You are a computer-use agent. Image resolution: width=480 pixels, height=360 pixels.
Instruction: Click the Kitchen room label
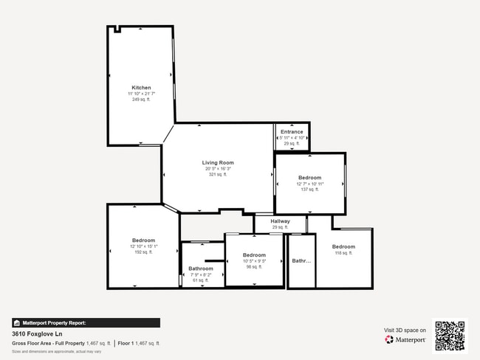click(x=141, y=87)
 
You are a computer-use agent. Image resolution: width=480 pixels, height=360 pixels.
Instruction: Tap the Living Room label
click(x=218, y=162)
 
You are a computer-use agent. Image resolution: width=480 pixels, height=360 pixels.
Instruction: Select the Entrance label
click(x=292, y=131)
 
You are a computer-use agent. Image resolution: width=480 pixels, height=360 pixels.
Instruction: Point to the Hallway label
click(x=280, y=221)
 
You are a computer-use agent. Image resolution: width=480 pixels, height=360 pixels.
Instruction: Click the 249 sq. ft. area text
click(x=141, y=100)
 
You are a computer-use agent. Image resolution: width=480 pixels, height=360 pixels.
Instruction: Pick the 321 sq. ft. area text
click(x=218, y=175)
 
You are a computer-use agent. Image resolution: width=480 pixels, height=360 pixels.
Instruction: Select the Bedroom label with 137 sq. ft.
click(x=309, y=177)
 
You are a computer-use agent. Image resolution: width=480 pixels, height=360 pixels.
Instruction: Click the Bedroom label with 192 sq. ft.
click(x=143, y=240)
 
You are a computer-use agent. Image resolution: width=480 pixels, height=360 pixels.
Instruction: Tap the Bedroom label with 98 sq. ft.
click(x=254, y=255)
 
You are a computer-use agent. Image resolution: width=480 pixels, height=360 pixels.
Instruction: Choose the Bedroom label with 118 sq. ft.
click(x=343, y=246)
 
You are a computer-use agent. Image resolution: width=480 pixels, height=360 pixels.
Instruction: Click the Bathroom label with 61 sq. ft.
click(x=201, y=269)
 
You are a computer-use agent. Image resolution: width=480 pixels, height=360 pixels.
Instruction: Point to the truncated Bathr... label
click(x=301, y=260)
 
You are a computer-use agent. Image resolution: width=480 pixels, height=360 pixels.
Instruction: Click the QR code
click(x=450, y=335)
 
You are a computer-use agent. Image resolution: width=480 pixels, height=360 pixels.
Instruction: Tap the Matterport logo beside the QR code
click(x=405, y=340)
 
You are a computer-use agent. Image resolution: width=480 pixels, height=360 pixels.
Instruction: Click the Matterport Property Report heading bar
click(x=86, y=322)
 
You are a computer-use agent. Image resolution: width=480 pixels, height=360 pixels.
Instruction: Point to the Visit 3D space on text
click(x=405, y=330)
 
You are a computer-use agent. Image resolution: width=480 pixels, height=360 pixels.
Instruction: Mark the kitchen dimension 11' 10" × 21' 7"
click(x=141, y=94)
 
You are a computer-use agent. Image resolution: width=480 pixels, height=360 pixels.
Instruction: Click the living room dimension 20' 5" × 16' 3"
click(x=218, y=169)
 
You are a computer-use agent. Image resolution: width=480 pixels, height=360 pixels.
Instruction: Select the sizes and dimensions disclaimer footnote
click(x=56, y=352)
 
